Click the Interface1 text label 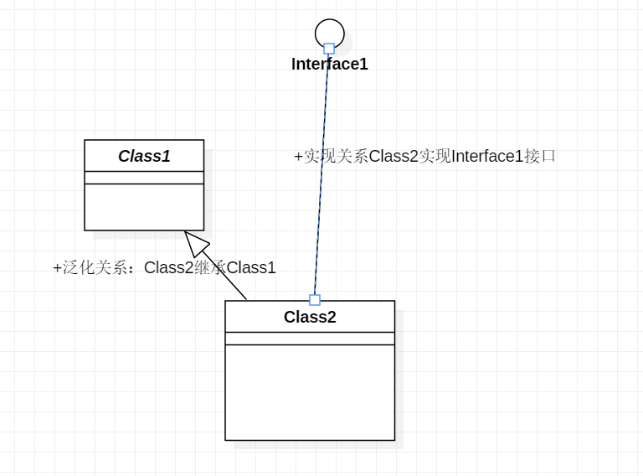coord(329,65)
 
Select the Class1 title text coord(144,156)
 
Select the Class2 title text coord(310,317)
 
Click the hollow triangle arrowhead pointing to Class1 coord(195,242)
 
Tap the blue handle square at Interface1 coord(329,49)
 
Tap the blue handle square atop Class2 coord(315,300)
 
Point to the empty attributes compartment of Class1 coord(144,178)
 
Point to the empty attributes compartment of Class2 coord(310,339)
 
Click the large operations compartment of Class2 coord(310,392)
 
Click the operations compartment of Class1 coord(144,207)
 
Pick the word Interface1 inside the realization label coord(487,157)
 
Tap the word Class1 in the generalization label coord(251,268)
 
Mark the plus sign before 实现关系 coord(298,157)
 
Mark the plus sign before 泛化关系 coord(57,268)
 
